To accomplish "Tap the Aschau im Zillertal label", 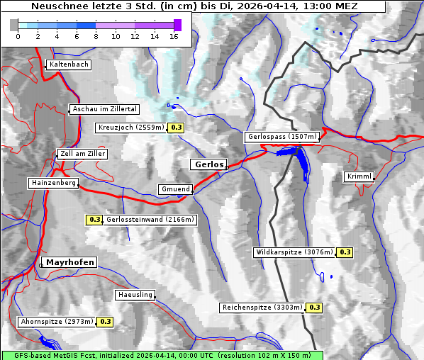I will [105, 109].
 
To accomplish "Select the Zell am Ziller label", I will [83, 154].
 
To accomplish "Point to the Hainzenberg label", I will [52, 183].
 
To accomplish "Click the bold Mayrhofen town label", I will [70, 262].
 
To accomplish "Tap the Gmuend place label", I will [175, 189].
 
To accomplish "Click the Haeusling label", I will [135, 295].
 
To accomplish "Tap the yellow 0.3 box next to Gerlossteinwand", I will [94, 220].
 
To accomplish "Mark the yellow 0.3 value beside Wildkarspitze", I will [345, 252].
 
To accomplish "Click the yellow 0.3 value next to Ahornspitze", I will [106, 322].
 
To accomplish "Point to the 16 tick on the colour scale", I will [173, 36].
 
